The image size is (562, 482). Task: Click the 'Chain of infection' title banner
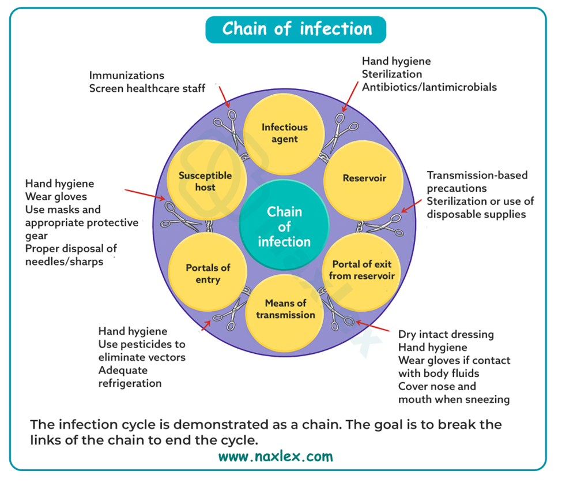296,29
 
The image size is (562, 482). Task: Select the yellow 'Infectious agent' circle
285,133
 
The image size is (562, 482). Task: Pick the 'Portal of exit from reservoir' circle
362,270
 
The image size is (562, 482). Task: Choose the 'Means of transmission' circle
285,309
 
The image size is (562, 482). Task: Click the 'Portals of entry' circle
208,274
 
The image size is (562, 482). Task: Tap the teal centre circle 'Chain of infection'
284,226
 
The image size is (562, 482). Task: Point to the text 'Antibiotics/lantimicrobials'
429,87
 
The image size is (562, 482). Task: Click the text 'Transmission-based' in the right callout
477,175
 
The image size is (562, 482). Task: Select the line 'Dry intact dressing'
446,335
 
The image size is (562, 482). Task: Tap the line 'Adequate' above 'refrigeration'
123,370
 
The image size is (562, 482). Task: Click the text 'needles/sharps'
65,261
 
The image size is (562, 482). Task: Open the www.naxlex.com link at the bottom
276,457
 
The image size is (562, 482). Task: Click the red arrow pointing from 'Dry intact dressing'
375,327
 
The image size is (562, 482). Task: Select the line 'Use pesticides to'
142,345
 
